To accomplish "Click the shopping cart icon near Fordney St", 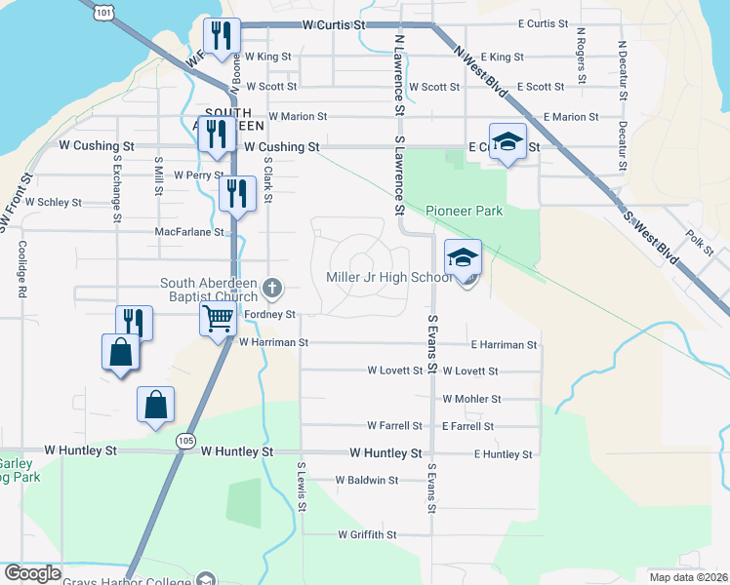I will tap(217, 317).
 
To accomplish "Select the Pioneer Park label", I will tap(465, 211).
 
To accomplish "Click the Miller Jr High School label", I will tap(388, 278).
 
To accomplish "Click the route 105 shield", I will tap(185, 442).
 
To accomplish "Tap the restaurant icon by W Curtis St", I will tap(221, 36).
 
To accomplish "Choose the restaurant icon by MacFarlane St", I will tap(236, 192).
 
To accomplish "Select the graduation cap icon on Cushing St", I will tap(507, 140).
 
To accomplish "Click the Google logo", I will tap(31, 572).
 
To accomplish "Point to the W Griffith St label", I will tap(367, 534).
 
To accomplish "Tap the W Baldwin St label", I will tap(366, 480).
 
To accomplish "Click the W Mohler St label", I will tap(471, 399).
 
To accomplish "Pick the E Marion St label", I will tap(571, 117).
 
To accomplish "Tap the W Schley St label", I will tap(54, 203).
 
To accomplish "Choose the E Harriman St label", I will tap(504, 345).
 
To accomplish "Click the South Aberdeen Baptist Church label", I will tap(209, 289).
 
